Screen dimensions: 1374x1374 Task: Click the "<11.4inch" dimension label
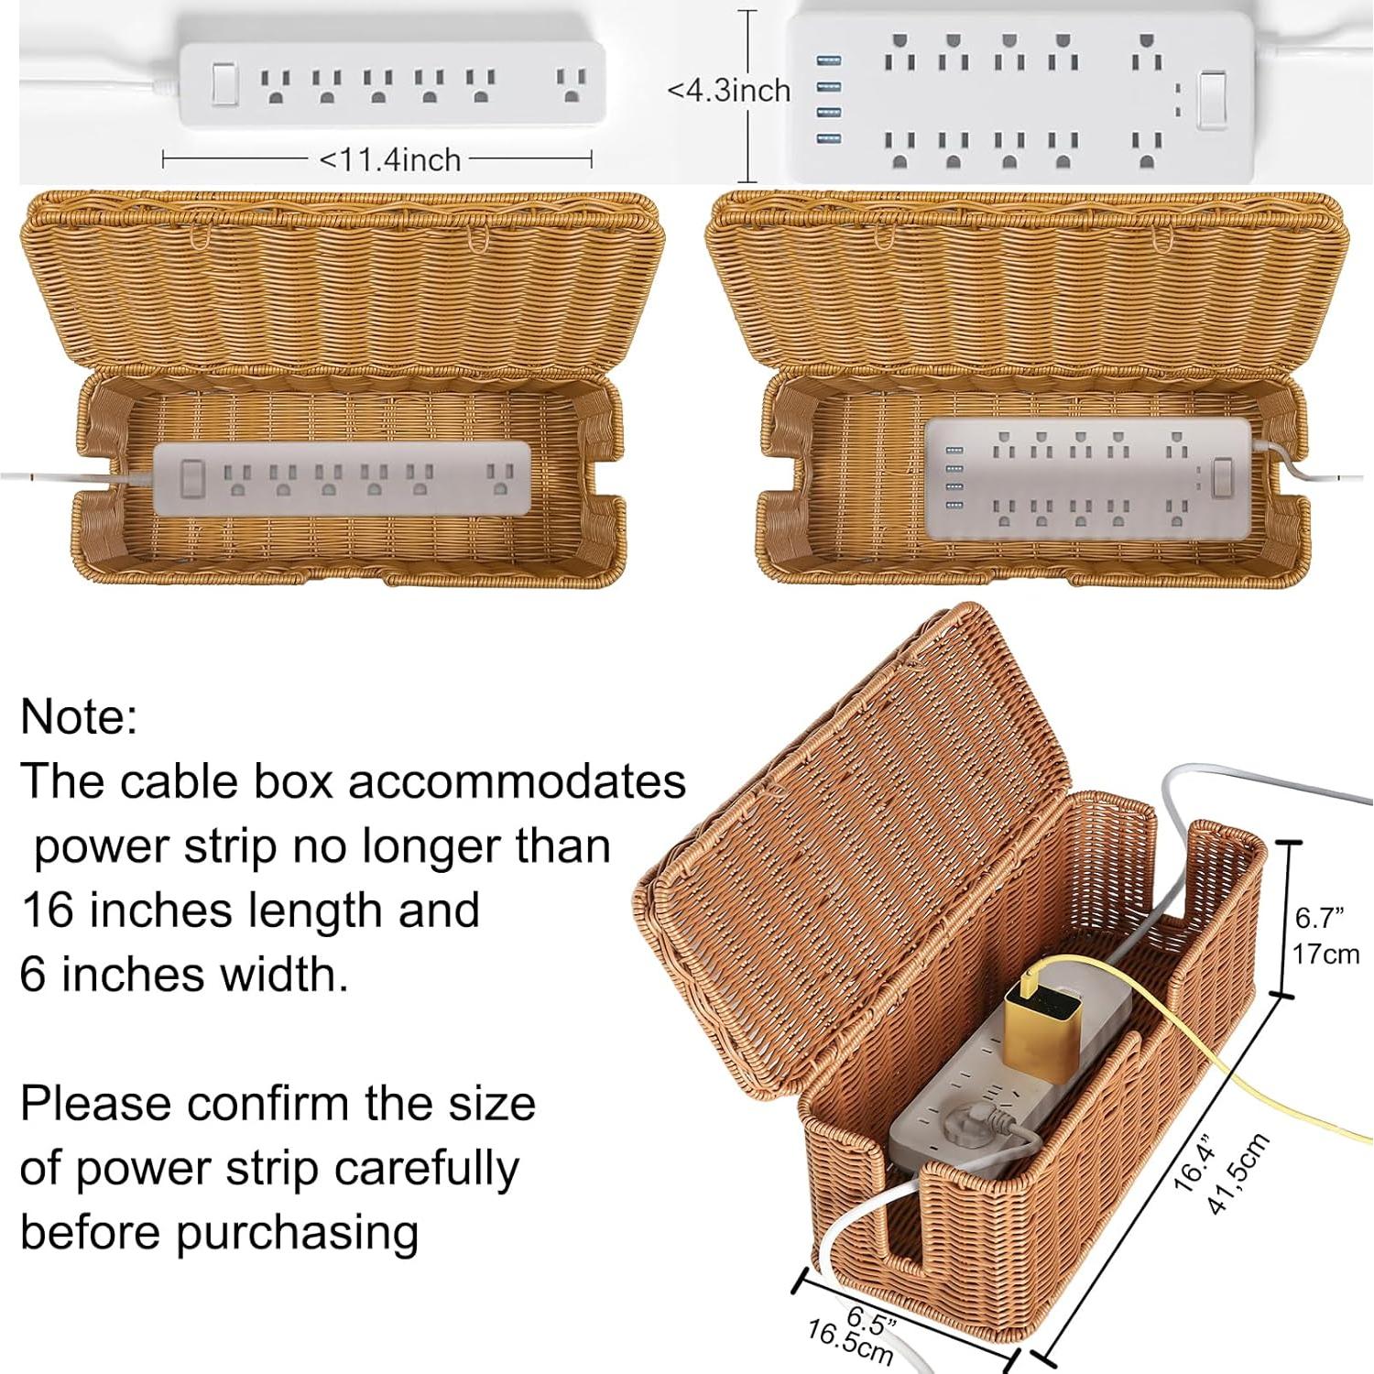(x=389, y=160)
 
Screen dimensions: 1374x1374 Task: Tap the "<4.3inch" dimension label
(x=728, y=91)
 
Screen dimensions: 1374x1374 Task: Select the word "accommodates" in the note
(x=518, y=781)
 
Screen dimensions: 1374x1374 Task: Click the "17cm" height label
(x=1325, y=954)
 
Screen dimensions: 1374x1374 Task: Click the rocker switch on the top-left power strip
(x=224, y=84)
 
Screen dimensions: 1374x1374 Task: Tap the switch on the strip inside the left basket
(x=192, y=478)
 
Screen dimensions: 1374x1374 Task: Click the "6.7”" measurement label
(x=1319, y=917)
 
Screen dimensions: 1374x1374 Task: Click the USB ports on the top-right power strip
(x=827, y=99)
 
